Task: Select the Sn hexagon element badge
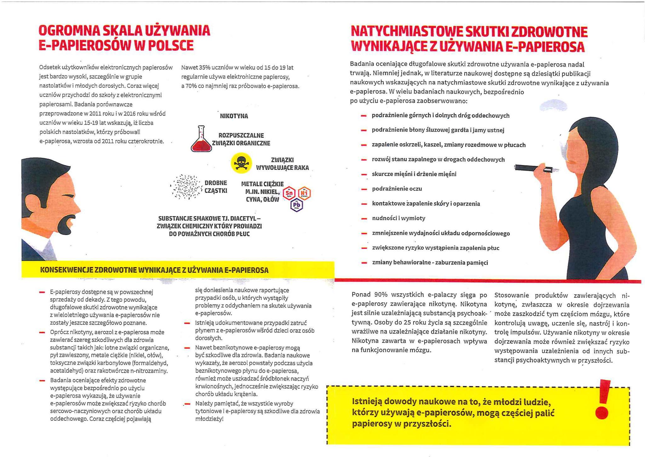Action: (x=289, y=193)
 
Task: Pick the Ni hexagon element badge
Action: (x=304, y=193)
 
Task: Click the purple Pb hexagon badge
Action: (x=297, y=205)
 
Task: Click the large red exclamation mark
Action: (x=602, y=399)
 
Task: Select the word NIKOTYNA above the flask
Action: (x=234, y=116)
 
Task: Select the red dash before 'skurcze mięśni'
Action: (x=364, y=174)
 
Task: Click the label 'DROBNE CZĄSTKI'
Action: (x=216, y=187)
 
